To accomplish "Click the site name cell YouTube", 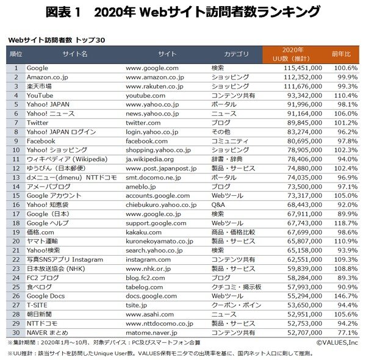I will point(40,96).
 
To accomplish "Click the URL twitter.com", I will point(145,123).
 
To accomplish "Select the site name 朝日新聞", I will point(40,314).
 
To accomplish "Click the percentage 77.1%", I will point(345,333).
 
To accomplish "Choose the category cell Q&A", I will point(218,205).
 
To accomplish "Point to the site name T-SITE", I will point(37,305).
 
